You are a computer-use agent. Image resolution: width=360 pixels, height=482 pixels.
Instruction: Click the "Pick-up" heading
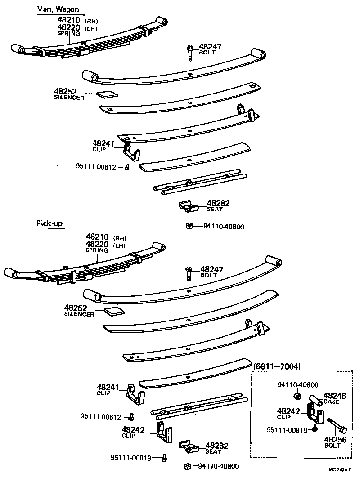click(x=49, y=224)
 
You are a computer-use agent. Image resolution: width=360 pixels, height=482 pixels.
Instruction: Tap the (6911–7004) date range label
click(x=277, y=366)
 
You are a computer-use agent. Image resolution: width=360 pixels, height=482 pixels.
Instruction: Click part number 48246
click(x=335, y=396)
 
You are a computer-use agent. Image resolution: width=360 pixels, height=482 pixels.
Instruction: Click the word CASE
click(x=331, y=402)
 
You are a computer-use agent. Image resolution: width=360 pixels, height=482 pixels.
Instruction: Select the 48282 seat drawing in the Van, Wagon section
click(x=189, y=207)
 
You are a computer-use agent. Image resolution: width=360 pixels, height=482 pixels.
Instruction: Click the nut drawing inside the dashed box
click(x=297, y=396)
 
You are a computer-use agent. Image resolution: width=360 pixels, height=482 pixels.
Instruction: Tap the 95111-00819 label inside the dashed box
click(x=287, y=430)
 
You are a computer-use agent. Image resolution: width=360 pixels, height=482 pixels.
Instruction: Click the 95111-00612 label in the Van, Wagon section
click(x=96, y=167)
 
